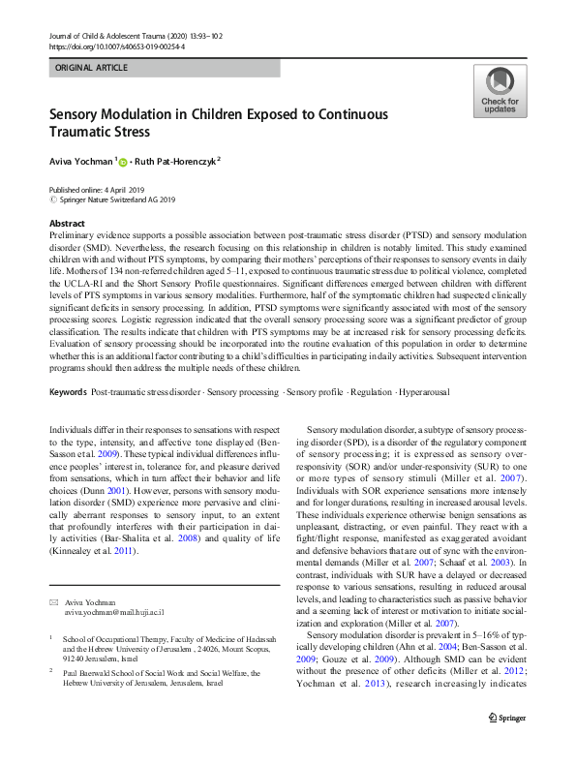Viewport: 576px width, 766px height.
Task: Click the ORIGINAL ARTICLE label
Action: point(92,68)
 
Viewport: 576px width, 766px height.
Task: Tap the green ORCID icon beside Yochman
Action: point(123,162)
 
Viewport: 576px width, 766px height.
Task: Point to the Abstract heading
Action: point(67,223)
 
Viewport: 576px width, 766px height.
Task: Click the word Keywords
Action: point(67,418)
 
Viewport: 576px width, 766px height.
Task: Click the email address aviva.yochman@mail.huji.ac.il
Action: point(114,613)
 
